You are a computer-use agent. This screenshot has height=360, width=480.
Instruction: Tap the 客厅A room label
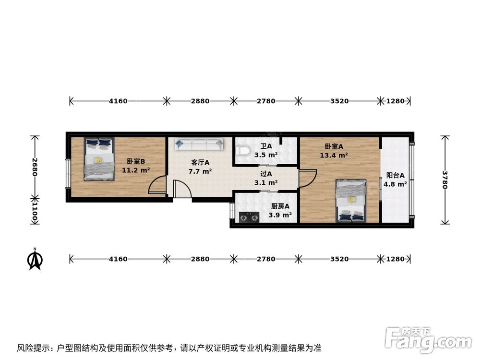click(200, 163)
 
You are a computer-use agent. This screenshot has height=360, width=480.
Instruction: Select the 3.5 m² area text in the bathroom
click(266, 155)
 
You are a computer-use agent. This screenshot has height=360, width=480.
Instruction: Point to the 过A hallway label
click(266, 174)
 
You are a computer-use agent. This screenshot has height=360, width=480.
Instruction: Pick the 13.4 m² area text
click(334, 155)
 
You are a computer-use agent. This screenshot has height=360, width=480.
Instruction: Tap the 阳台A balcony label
click(396, 175)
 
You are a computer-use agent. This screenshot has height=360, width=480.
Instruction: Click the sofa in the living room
click(199, 144)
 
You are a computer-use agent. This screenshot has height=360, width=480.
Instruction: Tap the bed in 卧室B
click(99, 159)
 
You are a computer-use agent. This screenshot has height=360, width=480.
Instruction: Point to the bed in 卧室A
click(350, 200)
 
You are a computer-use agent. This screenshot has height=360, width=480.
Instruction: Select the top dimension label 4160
click(118, 101)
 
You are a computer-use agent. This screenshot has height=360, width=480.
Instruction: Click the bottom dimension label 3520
click(339, 259)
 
